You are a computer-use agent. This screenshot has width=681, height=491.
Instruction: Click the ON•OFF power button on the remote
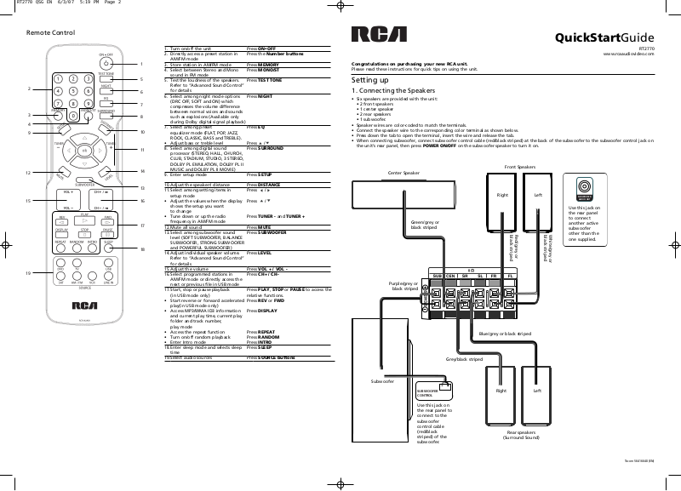106,62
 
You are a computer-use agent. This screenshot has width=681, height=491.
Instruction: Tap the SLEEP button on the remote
107,245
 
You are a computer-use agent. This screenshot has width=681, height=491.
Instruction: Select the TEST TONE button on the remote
106,77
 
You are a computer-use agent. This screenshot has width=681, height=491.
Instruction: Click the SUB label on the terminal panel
438,277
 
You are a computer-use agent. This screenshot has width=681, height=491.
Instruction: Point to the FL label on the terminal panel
509,277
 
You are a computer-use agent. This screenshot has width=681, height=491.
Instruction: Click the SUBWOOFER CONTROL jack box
429,392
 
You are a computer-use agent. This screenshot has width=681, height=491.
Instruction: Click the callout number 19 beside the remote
27,273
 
